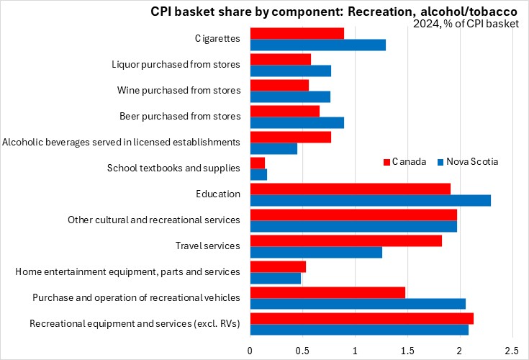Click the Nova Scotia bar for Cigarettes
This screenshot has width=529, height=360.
(317, 45)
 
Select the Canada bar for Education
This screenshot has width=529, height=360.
(350, 189)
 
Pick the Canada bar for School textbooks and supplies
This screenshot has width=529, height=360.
(257, 163)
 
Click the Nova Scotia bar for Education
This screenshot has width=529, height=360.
(370, 200)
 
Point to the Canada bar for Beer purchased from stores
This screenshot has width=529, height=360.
(284, 111)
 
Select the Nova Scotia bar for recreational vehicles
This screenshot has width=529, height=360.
(358, 304)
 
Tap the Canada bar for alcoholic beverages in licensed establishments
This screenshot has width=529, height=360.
(290, 137)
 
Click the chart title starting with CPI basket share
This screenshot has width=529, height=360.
(323, 12)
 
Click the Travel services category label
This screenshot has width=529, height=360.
(207, 246)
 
